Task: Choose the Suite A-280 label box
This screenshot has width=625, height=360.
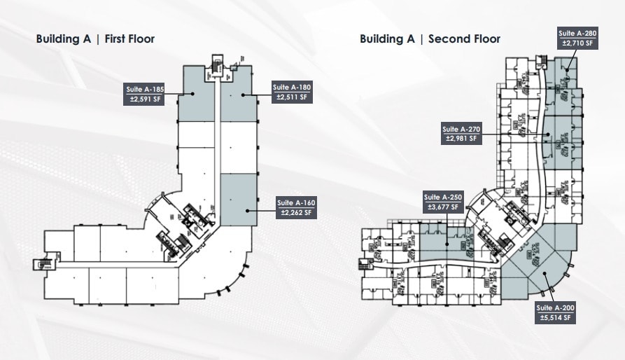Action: pos(577,38)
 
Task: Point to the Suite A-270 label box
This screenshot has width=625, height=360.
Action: pos(461,133)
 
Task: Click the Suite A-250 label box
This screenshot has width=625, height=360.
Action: pos(442,202)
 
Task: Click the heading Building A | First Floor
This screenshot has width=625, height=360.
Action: pos(95,39)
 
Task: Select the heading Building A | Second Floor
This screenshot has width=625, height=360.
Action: pos(430,39)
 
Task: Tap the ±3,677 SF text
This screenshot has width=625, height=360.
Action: pos(442,207)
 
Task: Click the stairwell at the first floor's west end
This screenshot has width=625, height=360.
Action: pos(39,264)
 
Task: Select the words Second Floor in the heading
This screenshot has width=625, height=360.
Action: pos(463,39)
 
